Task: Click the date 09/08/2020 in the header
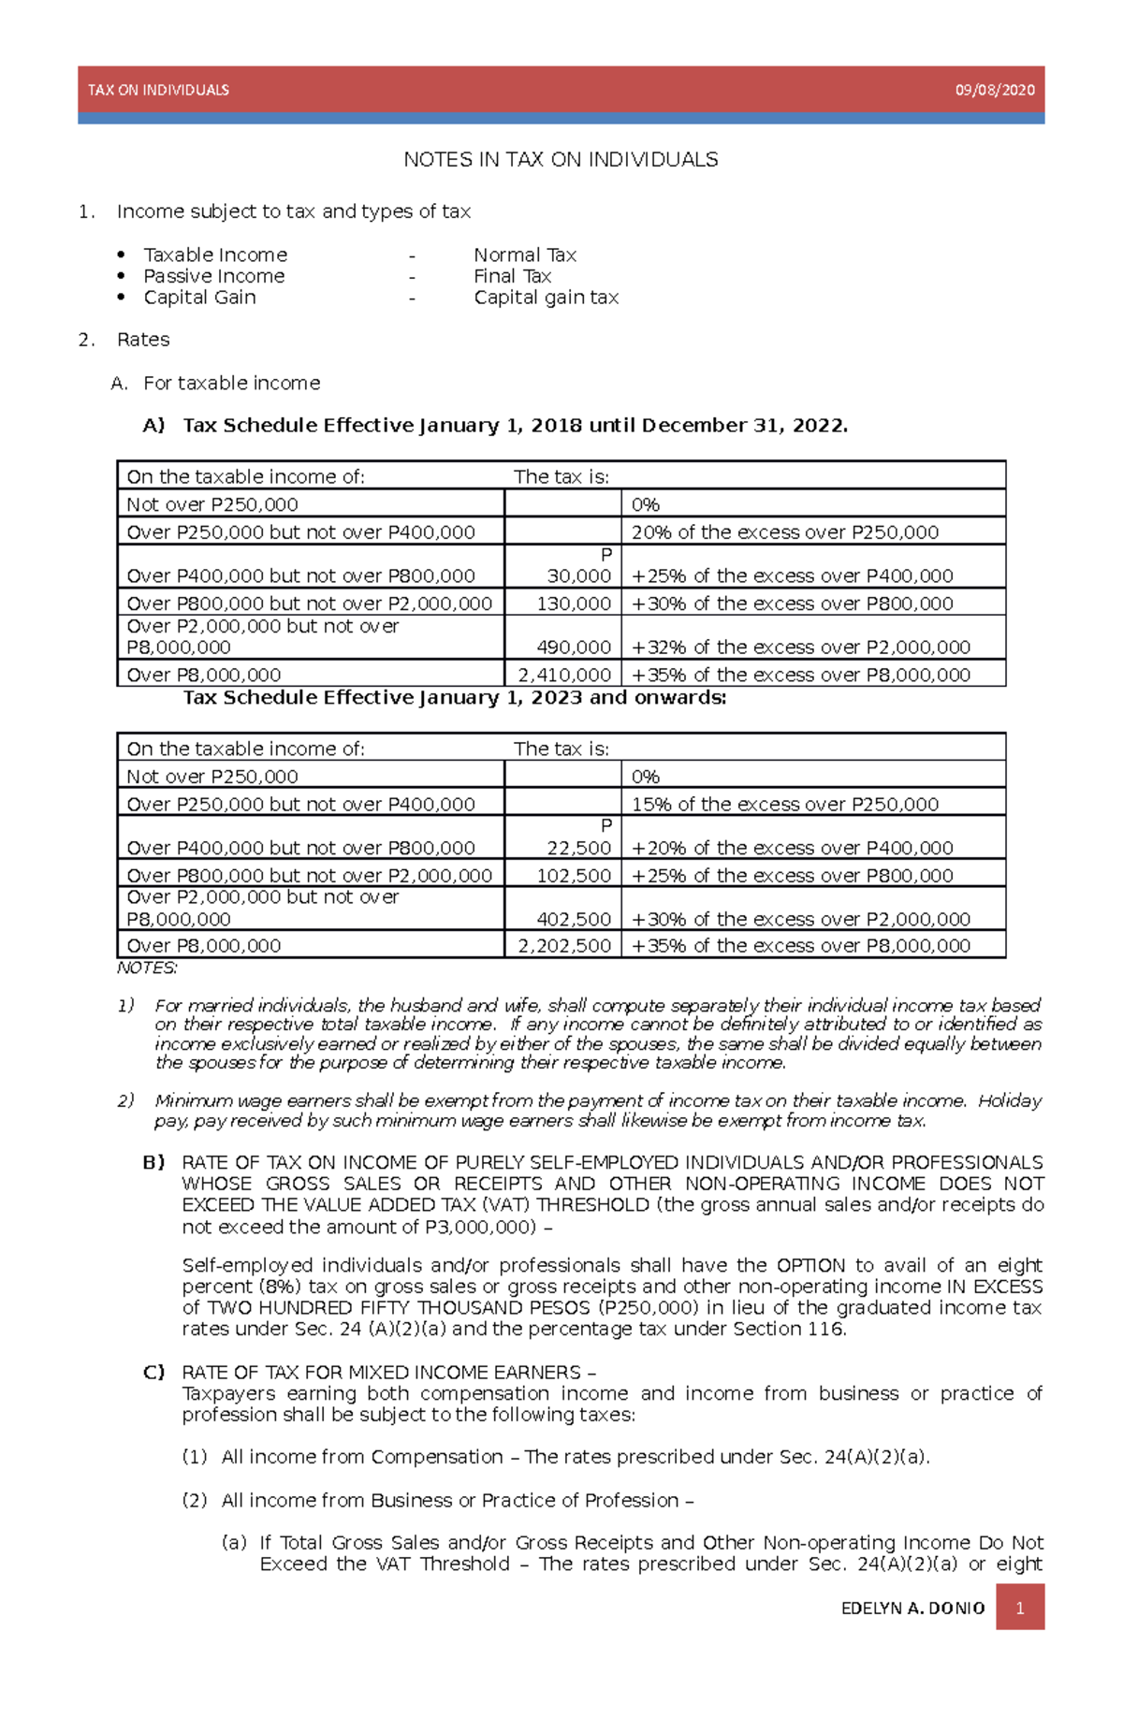point(994,90)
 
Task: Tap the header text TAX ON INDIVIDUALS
point(158,90)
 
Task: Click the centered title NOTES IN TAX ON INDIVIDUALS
point(561,160)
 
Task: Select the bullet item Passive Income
point(213,276)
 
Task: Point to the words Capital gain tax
point(546,298)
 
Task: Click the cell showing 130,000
point(573,604)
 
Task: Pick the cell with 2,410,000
point(565,675)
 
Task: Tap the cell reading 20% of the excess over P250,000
point(784,532)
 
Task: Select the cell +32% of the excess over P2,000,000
point(801,648)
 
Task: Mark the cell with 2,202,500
point(565,946)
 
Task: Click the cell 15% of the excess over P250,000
point(784,804)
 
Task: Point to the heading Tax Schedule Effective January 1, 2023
point(454,698)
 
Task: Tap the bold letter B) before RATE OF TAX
point(153,1162)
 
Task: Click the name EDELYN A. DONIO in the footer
point(912,1608)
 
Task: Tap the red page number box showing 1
point(1019,1608)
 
